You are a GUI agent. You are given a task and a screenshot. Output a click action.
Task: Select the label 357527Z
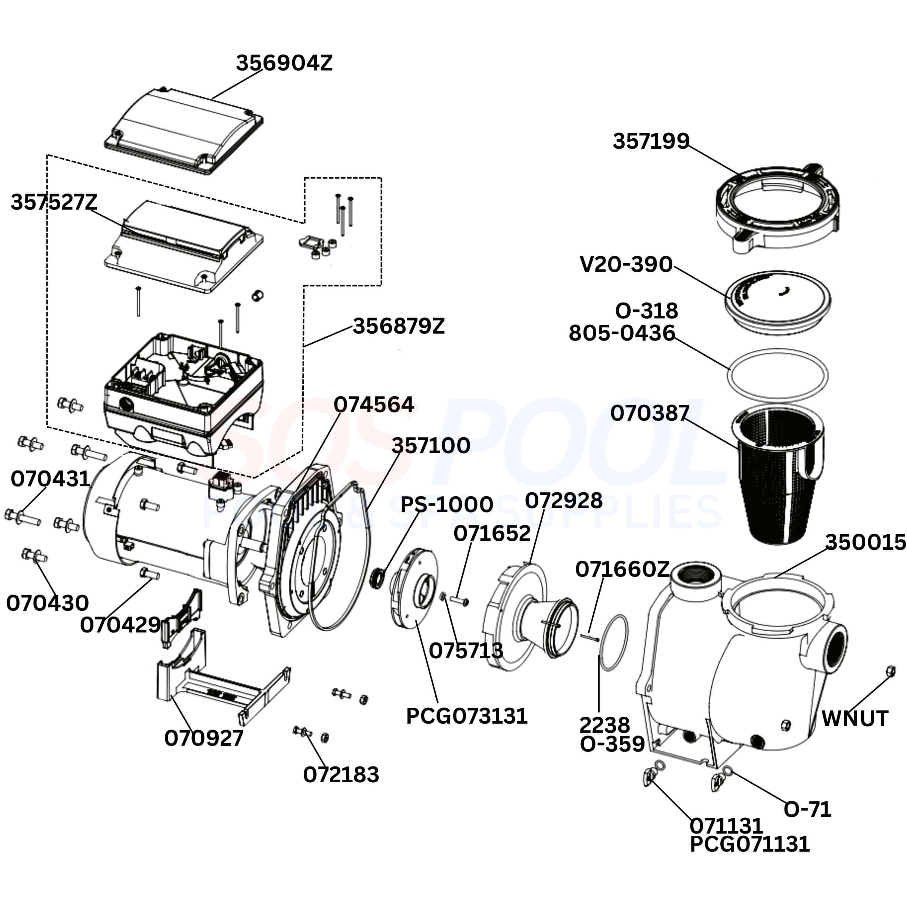54,202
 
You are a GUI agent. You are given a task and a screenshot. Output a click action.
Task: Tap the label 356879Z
398,326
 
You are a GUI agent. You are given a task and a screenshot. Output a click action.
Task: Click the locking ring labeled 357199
778,209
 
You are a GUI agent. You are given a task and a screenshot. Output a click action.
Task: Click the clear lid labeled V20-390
778,303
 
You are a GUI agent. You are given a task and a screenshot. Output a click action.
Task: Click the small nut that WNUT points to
890,671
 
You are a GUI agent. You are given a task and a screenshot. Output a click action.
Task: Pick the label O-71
807,808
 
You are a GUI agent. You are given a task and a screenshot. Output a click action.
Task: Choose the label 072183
341,775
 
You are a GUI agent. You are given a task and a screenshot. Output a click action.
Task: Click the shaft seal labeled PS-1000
378,578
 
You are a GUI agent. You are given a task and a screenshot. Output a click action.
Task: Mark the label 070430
47,603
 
